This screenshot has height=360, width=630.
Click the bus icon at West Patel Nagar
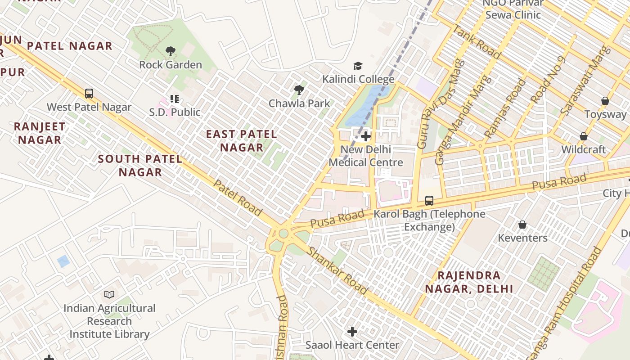tap(89, 94)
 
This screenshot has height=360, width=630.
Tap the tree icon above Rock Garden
tap(170, 51)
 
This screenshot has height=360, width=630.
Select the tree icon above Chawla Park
tap(299, 90)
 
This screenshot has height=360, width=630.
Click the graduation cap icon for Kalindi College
tap(358, 66)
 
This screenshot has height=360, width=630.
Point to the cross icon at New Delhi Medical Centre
tap(366, 136)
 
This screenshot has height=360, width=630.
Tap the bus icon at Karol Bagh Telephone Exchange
tap(429, 201)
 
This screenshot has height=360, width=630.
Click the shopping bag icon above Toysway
tap(605, 101)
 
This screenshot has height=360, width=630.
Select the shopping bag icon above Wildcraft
tap(584, 136)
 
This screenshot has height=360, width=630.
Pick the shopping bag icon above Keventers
tap(522, 224)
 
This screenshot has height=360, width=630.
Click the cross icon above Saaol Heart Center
tap(352, 332)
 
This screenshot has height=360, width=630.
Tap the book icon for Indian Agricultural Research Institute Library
tap(109, 295)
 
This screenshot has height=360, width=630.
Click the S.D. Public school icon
tap(174, 99)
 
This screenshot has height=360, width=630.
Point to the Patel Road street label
tap(237, 198)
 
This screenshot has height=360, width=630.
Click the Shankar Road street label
tap(337, 270)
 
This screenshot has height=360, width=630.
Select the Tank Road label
tap(477, 42)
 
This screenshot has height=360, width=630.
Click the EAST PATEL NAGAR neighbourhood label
tap(242, 140)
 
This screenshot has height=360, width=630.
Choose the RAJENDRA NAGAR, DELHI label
tap(469, 282)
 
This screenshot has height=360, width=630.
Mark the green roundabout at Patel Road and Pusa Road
tap(283, 234)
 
